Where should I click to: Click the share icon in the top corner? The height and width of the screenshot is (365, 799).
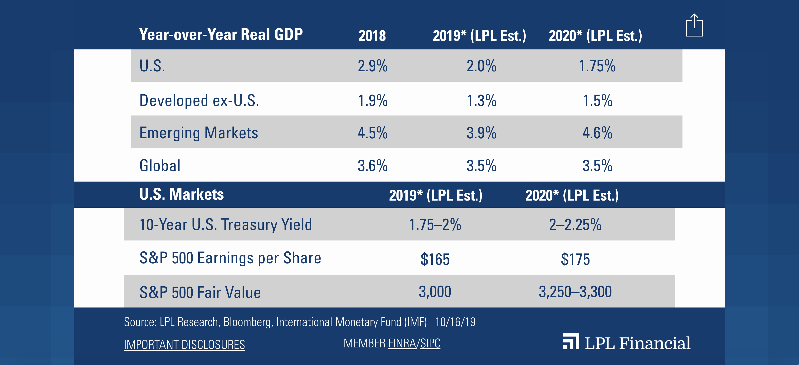(x=694, y=26)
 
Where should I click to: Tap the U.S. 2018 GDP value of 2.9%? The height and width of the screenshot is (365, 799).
(x=373, y=66)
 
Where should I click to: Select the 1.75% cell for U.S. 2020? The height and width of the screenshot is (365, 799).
(x=597, y=66)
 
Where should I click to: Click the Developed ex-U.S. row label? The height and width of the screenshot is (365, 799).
(x=199, y=101)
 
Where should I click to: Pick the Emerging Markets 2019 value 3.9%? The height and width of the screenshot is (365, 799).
(x=481, y=133)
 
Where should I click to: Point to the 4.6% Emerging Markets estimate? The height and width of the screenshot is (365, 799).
(x=597, y=133)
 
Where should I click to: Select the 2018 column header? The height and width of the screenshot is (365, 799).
(x=372, y=36)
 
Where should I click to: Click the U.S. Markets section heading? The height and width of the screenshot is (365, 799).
(x=181, y=194)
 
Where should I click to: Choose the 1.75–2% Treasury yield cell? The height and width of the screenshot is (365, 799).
(x=435, y=225)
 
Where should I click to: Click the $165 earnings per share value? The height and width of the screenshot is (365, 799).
(x=435, y=259)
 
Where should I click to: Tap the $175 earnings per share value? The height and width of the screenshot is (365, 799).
(x=575, y=259)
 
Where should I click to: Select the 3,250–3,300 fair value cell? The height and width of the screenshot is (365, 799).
(x=575, y=292)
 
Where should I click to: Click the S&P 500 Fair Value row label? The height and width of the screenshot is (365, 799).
(x=200, y=293)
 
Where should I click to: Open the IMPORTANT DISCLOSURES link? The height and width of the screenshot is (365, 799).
(x=184, y=345)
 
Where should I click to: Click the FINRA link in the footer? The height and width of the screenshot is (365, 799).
(x=402, y=343)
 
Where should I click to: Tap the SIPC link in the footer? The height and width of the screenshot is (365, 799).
(x=430, y=343)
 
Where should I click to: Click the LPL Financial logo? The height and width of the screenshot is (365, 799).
(x=627, y=343)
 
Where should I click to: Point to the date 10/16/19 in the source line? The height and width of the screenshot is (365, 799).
(x=455, y=322)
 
